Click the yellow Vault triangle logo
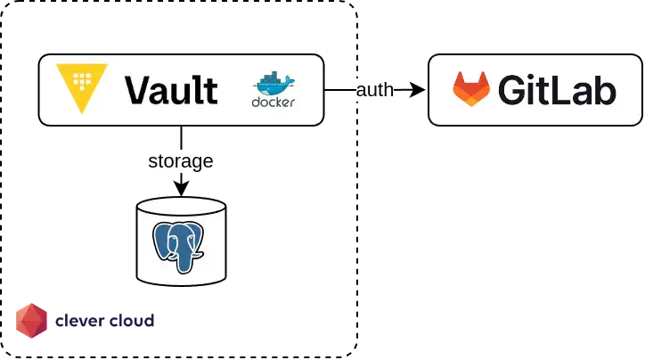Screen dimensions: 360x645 click(x=82, y=87)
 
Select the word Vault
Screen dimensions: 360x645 click(x=171, y=90)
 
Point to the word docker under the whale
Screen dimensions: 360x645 click(x=274, y=102)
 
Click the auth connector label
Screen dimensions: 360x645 click(x=374, y=90)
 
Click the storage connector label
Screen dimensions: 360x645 click(x=180, y=161)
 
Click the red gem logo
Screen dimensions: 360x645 click(x=32, y=321)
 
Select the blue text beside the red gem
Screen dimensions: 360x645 click(x=107, y=319)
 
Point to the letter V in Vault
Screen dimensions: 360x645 click(x=137, y=90)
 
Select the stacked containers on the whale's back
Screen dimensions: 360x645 click(x=269, y=80)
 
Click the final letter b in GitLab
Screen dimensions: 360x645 click(x=605, y=90)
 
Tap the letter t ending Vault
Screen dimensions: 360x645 click(x=211, y=90)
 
